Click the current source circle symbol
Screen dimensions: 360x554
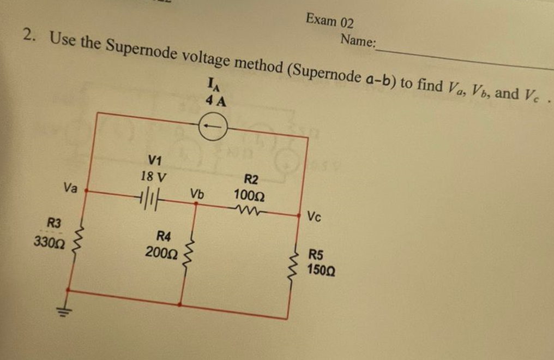[x=212, y=129]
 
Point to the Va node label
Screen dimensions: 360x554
[x=71, y=188]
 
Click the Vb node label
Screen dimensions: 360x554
[x=197, y=194]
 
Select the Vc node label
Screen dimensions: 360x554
[x=314, y=217]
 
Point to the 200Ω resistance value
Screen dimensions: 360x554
[x=162, y=253]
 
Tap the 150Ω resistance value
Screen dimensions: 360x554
[x=321, y=270]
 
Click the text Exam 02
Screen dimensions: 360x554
[x=329, y=21]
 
